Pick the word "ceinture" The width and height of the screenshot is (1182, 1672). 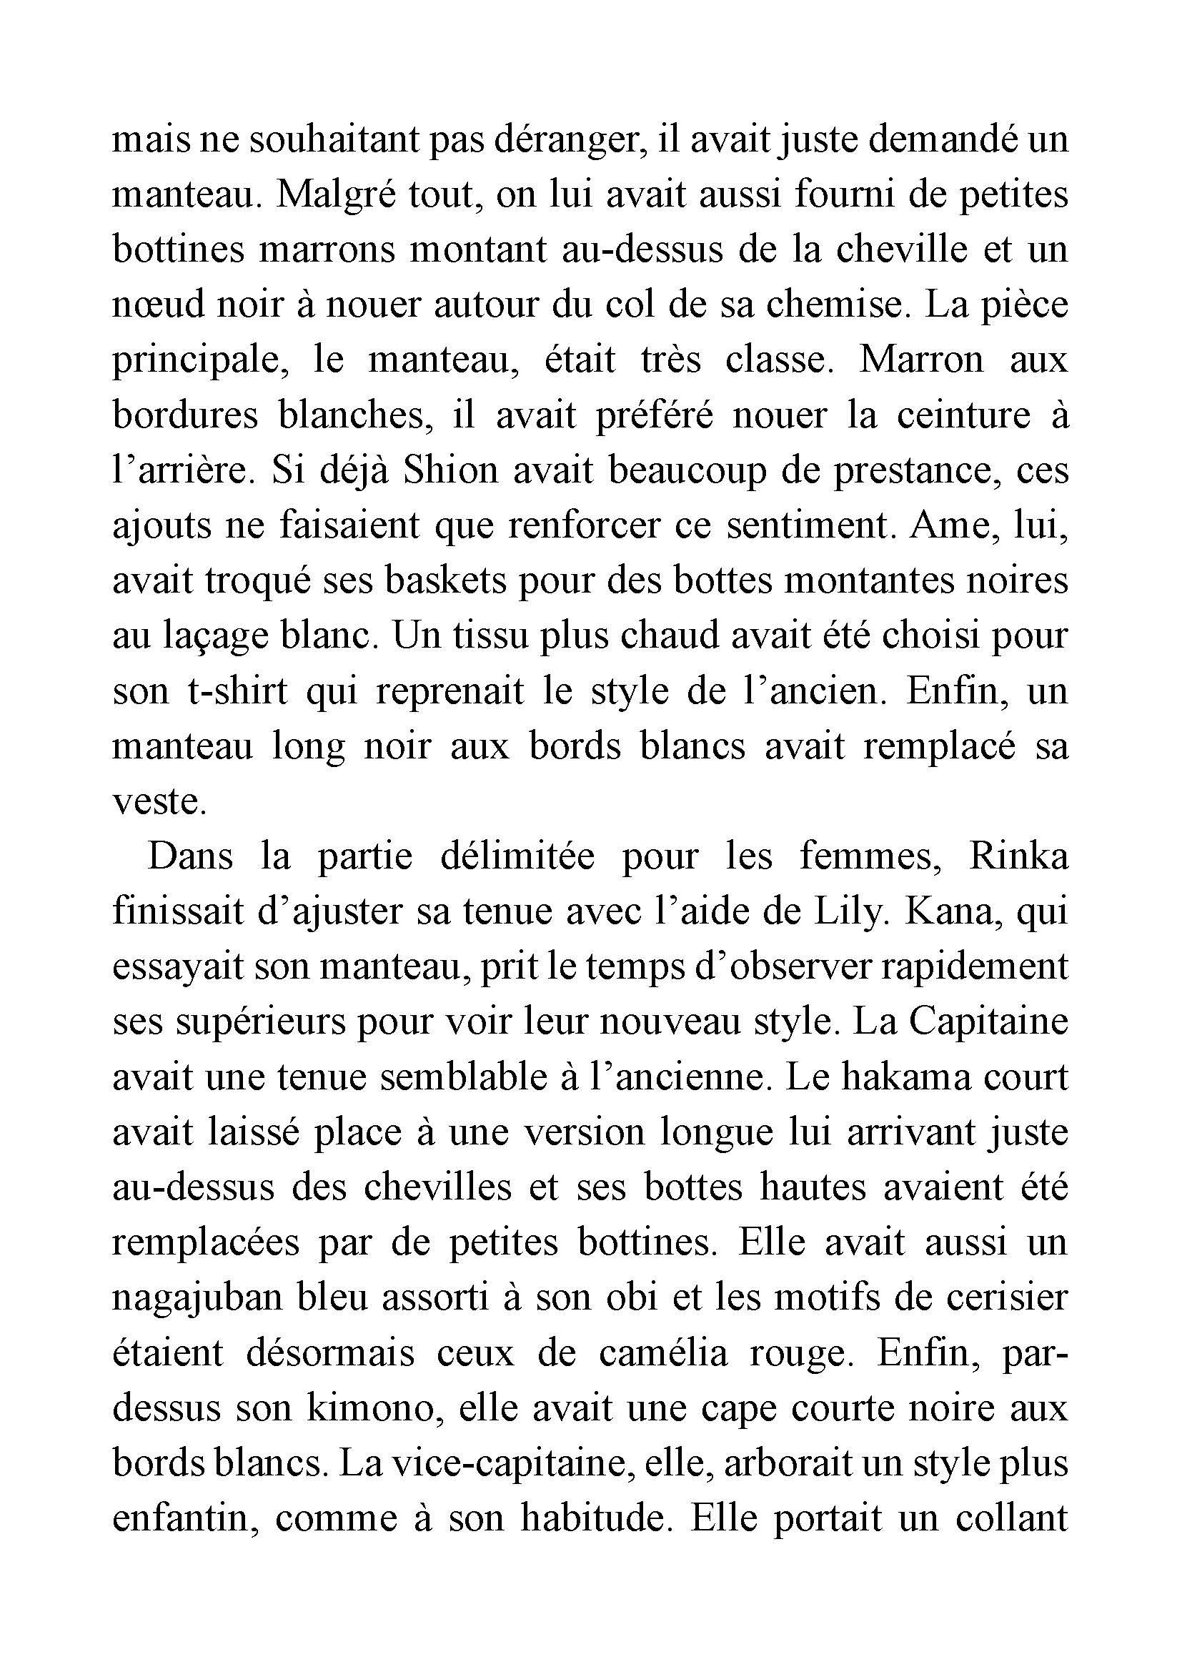pos(963,415)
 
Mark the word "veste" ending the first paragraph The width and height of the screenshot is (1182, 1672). pos(156,802)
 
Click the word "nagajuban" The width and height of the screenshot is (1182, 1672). pos(197,1299)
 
